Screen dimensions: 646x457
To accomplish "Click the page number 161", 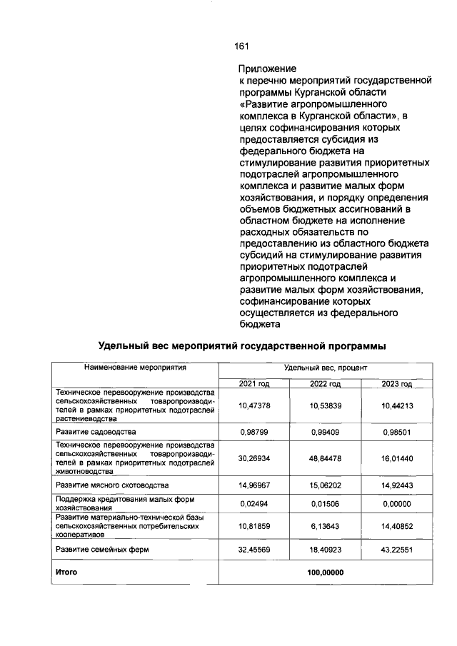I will pyautogui.click(x=241, y=46).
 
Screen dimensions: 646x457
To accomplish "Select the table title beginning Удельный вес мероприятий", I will pyautogui.click(x=242, y=346).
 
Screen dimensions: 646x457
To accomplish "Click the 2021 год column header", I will pyautogui.click(x=254, y=384).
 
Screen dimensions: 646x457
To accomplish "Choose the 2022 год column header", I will pyautogui.click(x=325, y=384).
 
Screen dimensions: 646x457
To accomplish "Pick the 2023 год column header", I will pyautogui.click(x=397, y=384).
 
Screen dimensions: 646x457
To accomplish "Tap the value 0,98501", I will pyautogui.click(x=397, y=432).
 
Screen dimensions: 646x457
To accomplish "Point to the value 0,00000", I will pyautogui.click(x=397, y=503).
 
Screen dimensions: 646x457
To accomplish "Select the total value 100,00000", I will pyautogui.click(x=325, y=572).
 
